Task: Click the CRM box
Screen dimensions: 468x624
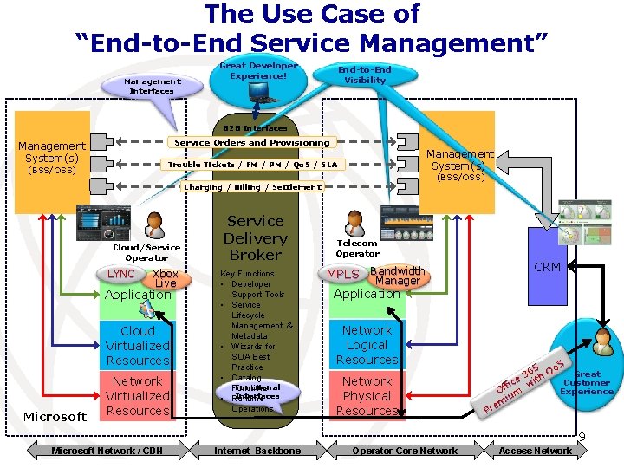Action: tap(546, 267)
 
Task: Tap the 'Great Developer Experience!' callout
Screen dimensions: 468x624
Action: tap(258, 70)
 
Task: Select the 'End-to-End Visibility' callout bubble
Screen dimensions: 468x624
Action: tap(365, 75)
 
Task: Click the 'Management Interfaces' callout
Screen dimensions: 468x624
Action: tap(152, 85)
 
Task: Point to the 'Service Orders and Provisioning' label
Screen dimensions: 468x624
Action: tap(252, 142)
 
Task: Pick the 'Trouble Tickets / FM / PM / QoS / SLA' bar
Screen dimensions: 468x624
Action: tap(252, 164)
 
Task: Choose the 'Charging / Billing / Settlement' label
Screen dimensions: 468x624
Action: tap(252, 186)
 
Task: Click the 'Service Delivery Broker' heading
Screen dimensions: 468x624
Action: tap(255, 238)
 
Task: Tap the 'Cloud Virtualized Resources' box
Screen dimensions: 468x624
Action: tap(138, 346)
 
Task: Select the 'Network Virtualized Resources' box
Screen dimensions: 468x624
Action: tap(138, 396)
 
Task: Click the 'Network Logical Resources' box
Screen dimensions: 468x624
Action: tap(367, 345)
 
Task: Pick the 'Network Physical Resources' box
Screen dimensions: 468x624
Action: tap(367, 396)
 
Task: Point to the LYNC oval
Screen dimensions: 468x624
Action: tap(121, 274)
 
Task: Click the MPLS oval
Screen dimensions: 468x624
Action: tap(342, 275)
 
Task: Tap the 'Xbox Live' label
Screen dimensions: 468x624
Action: tap(166, 279)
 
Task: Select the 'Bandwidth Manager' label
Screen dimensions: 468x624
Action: tap(397, 276)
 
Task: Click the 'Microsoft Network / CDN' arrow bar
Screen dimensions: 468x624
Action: tap(106, 451)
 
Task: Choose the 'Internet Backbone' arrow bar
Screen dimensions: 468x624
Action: tap(257, 451)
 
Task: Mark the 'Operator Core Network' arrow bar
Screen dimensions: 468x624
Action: tap(404, 451)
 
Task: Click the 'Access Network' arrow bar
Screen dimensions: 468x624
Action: tap(535, 451)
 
